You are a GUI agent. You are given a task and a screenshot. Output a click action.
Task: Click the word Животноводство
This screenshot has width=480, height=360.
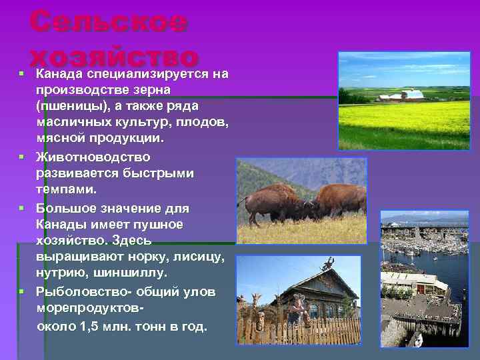tap(93, 157)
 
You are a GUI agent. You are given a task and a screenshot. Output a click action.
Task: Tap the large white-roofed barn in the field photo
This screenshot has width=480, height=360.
tap(413, 95)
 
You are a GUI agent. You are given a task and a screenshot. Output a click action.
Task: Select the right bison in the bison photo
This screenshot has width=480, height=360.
tap(340, 199)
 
